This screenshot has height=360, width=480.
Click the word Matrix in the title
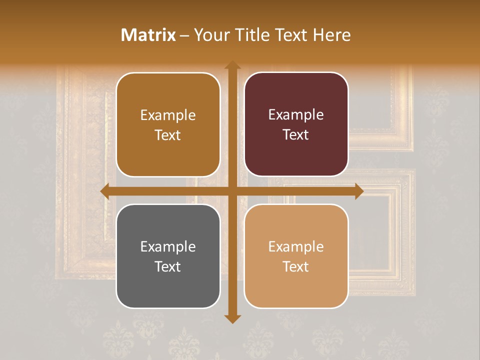coord(148,35)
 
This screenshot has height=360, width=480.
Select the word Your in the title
coord(210,35)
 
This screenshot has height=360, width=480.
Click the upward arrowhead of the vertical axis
coord(232,65)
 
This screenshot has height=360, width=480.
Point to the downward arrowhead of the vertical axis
coord(232,318)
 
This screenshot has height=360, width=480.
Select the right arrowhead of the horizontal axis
coord(358,191)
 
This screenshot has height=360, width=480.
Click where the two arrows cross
coord(232,191)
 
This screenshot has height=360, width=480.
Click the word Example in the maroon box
coord(296,115)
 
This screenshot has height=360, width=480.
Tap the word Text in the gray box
coord(168,266)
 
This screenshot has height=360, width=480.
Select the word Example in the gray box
coord(168,246)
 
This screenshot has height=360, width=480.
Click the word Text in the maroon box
coord(296,135)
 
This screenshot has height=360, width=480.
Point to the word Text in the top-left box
coord(168,135)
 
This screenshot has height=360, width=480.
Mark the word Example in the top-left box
coord(168,115)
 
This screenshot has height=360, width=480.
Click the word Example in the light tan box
coord(296,246)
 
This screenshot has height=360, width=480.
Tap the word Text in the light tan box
coord(296,266)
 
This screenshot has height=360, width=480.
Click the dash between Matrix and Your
coord(184,35)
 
